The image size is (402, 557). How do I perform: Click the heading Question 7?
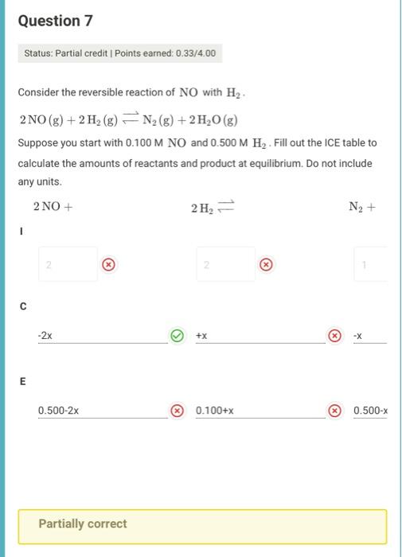point(60,21)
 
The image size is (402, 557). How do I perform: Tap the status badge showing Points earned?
point(119,54)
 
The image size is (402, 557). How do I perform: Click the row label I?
point(22,232)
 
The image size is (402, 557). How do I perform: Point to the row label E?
point(23,381)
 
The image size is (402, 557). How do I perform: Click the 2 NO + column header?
point(53,207)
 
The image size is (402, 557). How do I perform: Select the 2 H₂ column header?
point(209,208)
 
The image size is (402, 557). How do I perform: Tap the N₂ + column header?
point(361,208)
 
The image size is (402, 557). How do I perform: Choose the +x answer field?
point(260,336)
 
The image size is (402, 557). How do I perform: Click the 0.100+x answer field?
point(260,411)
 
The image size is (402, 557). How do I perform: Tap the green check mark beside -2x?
point(177,336)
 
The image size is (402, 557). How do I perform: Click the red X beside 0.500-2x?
point(177,411)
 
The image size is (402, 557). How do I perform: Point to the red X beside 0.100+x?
point(335,411)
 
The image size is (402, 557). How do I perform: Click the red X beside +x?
point(335,336)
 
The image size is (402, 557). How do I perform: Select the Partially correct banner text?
point(83,524)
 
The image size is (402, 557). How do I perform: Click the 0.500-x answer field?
point(370,411)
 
